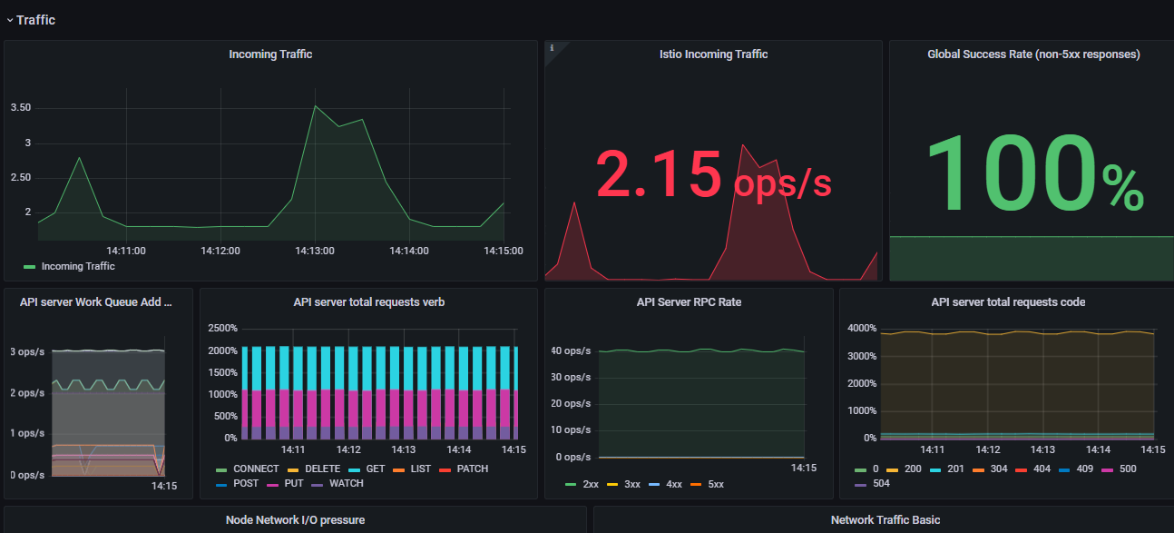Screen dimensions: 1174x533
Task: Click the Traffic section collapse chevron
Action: click(10, 21)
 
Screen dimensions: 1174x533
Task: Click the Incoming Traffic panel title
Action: click(270, 54)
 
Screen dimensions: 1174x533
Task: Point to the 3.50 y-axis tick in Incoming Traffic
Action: click(21, 107)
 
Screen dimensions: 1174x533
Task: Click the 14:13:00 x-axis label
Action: click(315, 251)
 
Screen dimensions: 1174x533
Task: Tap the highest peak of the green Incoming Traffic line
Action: click(315, 106)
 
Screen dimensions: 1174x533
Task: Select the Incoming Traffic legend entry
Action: click(69, 267)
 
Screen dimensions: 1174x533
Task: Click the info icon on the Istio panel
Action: click(552, 48)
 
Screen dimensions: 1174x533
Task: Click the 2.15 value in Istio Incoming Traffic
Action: click(659, 173)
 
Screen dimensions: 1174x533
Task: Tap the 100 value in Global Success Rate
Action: click(1012, 173)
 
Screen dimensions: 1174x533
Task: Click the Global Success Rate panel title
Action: click(1033, 54)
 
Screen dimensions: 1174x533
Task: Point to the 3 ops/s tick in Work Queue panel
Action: click(27, 351)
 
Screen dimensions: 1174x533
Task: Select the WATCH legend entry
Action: click(337, 483)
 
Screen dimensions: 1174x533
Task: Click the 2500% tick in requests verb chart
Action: click(223, 328)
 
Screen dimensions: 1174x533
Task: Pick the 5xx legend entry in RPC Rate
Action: click(707, 484)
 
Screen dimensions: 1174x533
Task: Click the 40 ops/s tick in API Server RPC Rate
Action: click(571, 350)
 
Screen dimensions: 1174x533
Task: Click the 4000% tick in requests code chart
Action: click(862, 328)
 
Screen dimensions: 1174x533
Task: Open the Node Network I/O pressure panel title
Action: click(295, 520)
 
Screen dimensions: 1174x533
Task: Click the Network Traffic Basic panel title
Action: click(885, 520)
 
